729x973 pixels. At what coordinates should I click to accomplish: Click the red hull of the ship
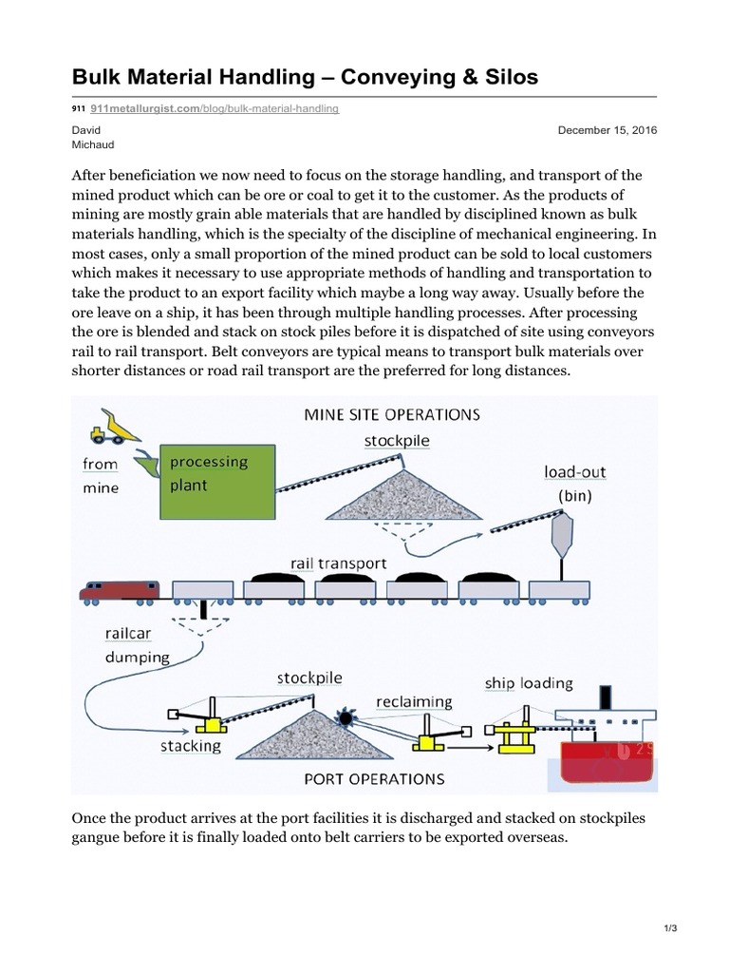602,760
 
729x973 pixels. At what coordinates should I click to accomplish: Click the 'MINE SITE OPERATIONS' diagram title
391,414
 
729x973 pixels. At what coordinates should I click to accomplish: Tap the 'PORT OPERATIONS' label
374,778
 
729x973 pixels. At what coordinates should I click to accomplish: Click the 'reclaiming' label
414,702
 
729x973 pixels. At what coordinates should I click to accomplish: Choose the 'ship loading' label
528,683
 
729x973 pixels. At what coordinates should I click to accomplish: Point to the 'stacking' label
191,746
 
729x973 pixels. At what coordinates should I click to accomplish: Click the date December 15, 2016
607,130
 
